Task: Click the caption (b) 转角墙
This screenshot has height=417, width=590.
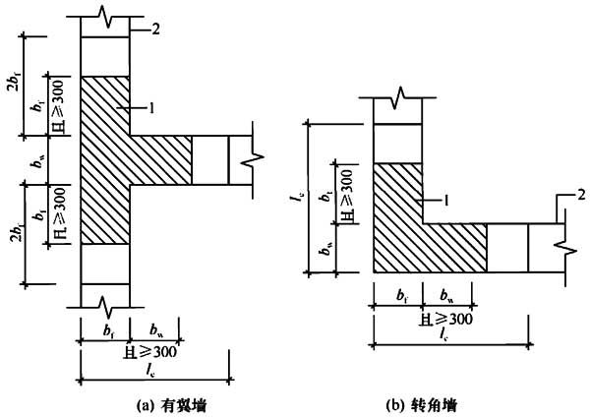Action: coord(422,406)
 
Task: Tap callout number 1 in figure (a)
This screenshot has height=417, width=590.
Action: coord(151,108)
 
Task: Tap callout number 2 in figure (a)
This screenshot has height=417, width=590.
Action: coord(155,29)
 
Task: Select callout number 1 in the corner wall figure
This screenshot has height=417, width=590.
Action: coord(446,201)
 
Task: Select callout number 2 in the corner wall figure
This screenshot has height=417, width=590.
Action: coord(581,195)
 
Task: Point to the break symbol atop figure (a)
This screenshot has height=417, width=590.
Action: coord(105,16)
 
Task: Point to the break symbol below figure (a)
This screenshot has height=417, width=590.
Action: coord(105,308)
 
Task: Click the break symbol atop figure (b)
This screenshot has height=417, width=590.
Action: coord(397,97)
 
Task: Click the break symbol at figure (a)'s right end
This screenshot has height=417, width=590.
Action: coord(253,159)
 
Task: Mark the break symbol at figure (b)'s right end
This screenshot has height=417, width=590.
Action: coord(565,248)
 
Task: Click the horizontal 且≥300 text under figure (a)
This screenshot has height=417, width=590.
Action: coord(149,352)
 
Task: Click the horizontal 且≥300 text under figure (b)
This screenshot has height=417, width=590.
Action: coord(445,320)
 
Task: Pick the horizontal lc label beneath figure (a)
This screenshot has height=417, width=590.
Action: coord(151,371)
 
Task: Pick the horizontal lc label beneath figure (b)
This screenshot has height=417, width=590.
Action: coord(444,334)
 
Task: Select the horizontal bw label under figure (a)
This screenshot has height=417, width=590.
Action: coord(156,330)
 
